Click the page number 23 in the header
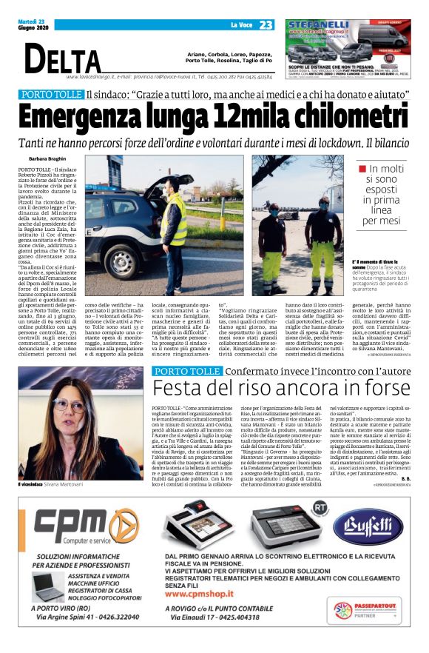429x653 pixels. pos(265,24)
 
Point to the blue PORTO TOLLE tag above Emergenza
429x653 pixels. pos(52,95)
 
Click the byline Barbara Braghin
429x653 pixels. pos(49,159)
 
